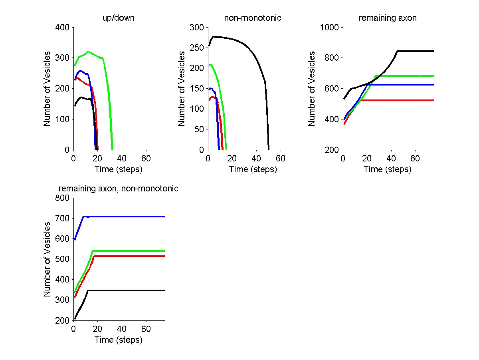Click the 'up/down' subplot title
click(119, 18)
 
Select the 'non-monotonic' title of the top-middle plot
click(253, 18)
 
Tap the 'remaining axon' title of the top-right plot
click(388, 18)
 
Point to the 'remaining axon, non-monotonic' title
click(119, 189)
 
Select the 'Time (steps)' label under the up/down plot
click(119, 169)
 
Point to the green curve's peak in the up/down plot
click(88, 52)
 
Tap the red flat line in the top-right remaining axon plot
click(399, 100)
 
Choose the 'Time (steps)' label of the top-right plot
click(388, 169)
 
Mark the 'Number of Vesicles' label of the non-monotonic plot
click(182, 88)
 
